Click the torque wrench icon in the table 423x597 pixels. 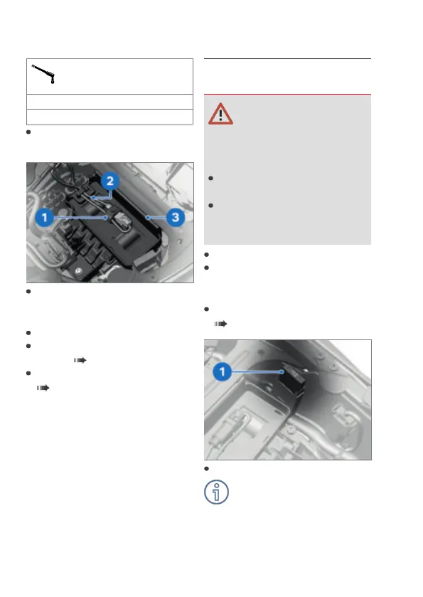pos(43,73)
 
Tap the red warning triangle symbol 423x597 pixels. pos(220,114)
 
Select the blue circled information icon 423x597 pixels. pos(216,492)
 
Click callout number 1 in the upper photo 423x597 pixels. pos(45,218)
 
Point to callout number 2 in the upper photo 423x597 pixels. pos(110,181)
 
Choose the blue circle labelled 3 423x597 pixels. pos(176,218)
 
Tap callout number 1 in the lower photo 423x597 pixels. pos(222,371)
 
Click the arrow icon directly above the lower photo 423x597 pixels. pos(220,324)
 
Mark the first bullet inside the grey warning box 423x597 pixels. pos(210,178)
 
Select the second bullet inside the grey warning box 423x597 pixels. pos(210,206)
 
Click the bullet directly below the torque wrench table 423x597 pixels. pos(28,132)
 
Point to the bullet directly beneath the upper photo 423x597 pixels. pos(28,292)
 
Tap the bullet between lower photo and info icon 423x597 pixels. pos(207,469)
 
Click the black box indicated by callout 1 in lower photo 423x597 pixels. pos(292,382)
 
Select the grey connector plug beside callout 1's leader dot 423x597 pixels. pos(121,221)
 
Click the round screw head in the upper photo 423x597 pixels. pos(78,270)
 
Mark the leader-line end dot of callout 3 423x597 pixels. pos(148,218)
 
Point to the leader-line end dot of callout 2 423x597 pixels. pos(93,198)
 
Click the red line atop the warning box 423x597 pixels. pos(287,94)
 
